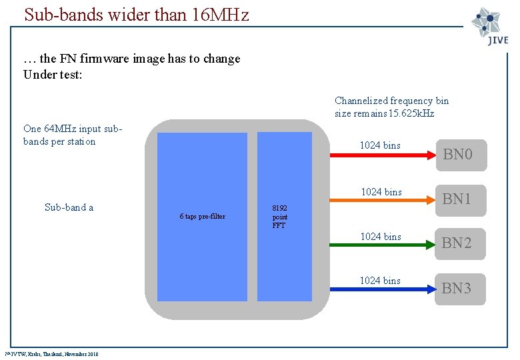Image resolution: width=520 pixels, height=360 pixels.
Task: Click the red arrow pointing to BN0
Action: point(383,155)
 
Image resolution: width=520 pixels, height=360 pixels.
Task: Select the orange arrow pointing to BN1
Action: point(383,200)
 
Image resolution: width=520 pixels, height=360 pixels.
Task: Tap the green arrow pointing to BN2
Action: point(383,245)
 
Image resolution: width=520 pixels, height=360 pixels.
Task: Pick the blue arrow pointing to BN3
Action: point(383,289)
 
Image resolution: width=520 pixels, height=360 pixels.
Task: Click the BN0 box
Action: point(459,155)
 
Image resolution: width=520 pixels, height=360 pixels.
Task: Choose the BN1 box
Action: point(459,199)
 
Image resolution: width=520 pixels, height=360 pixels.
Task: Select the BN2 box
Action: point(459,243)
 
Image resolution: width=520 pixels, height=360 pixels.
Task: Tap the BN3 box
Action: point(459,288)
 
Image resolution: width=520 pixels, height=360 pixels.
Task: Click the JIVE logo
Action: point(490,26)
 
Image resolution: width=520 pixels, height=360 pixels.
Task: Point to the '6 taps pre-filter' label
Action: point(202,217)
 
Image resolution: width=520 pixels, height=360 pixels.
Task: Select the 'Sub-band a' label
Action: point(69,207)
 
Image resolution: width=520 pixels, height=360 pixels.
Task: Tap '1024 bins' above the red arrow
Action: point(380,145)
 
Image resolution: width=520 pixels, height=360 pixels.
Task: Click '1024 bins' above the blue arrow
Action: point(380,281)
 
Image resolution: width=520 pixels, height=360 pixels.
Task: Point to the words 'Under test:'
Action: point(53,74)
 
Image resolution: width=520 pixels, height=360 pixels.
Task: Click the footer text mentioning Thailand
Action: point(52,354)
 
